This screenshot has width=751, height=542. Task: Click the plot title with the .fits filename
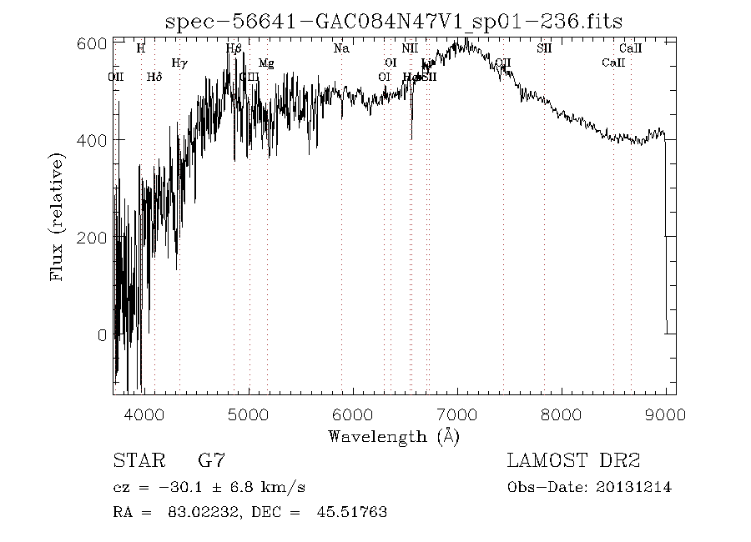coord(395,23)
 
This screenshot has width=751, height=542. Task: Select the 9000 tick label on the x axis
coord(666,411)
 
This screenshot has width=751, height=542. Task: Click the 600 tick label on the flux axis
coord(93,43)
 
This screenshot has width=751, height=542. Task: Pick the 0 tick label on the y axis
coord(102,335)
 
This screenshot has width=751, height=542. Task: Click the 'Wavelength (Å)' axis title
coord(394,435)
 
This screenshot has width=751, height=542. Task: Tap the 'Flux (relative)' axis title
coord(58,216)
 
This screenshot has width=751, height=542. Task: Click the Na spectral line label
coord(341,48)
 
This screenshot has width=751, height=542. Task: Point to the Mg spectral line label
coord(266,63)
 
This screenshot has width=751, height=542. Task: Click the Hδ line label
coord(154,77)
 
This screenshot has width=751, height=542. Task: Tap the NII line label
coord(409,48)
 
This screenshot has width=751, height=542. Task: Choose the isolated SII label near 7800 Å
coord(544,48)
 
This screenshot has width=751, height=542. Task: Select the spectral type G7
coord(210,460)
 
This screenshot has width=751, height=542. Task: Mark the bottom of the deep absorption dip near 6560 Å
coord(411,138)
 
